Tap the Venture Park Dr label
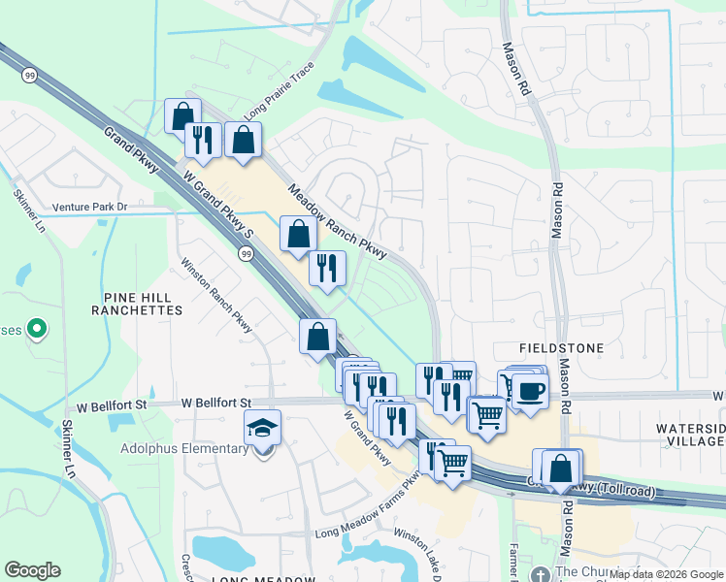[90, 207]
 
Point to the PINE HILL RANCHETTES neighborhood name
[137, 304]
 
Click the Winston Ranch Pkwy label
[216, 294]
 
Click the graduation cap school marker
[262, 427]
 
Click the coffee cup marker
[530, 391]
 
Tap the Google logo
[32, 570]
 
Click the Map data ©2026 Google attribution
[666, 574]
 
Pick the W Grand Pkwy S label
[219, 206]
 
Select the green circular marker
[37, 330]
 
